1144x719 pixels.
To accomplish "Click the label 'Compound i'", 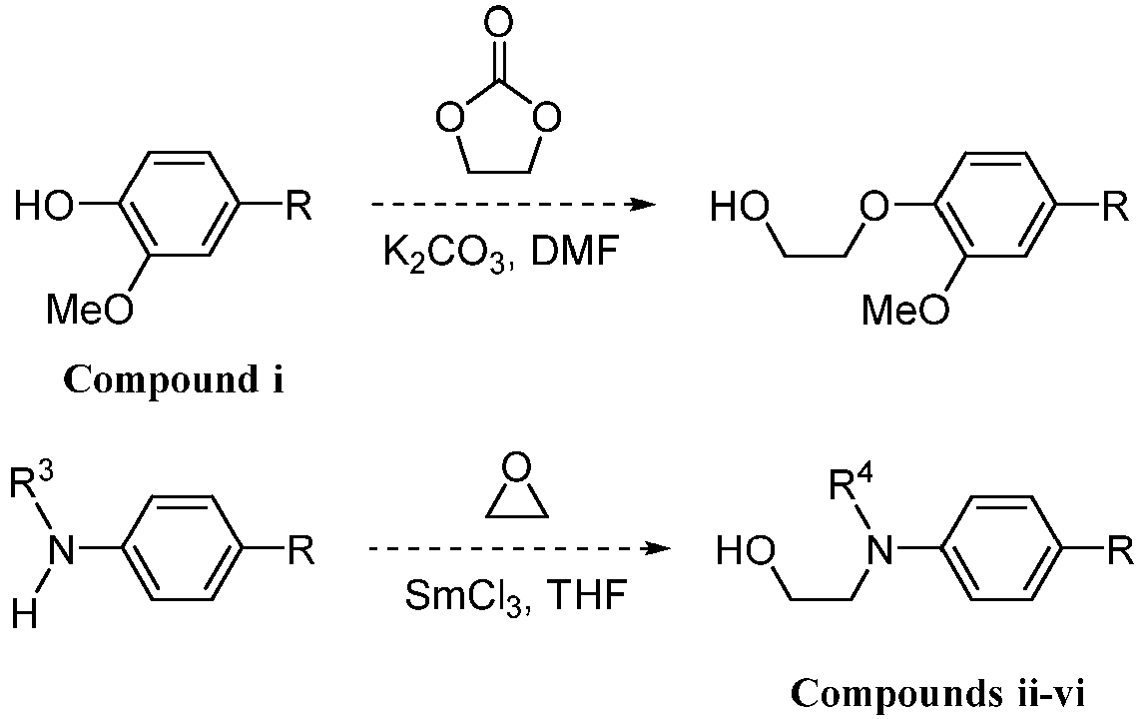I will (174, 380).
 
